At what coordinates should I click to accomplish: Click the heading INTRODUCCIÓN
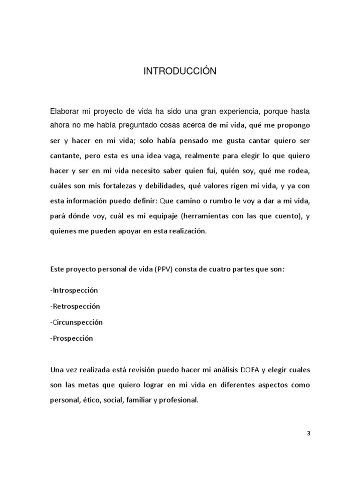(x=180, y=71)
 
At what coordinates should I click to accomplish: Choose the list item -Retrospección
(x=75, y=307)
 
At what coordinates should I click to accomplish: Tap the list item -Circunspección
(x=76, y=322)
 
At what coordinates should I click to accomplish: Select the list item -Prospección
(x=71, y=338)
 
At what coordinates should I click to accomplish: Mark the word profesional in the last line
(x=180, y=401)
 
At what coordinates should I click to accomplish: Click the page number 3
(x=308, y=433)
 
